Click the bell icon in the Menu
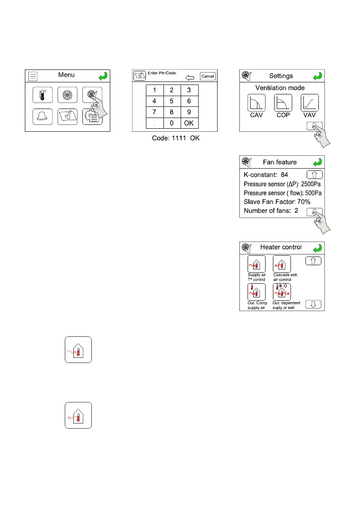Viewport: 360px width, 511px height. pos(42,116)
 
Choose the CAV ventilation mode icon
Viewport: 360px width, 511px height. pos(257,103)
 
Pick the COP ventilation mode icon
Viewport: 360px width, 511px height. pos(283,103)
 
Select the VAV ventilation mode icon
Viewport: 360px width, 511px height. pos(309,103)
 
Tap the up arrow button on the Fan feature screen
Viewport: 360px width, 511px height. pos(315,174)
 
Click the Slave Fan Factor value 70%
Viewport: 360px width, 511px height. pos(302,202)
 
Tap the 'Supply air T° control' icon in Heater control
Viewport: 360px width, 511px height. pos(257,264)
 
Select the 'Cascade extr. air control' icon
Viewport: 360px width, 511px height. pos(282,264)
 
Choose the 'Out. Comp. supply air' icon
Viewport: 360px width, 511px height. pos(257,292)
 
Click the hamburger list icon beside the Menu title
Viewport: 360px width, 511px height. pos(33,77)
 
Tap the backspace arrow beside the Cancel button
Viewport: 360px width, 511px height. pos(190,77)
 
